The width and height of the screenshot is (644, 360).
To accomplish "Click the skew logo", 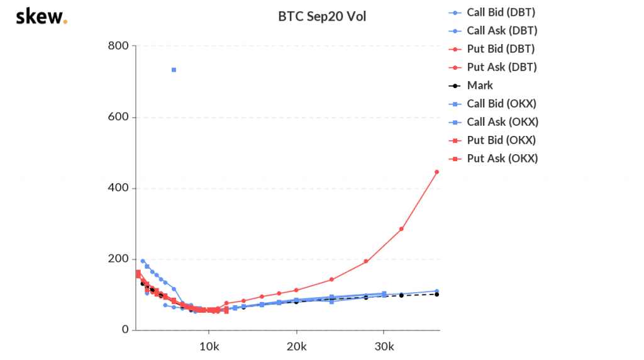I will point(40,16).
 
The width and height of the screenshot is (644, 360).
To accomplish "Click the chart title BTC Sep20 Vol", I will point(322,17).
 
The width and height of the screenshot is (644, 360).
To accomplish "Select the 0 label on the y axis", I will point(125,330).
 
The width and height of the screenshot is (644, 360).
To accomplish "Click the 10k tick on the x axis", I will point(209,347).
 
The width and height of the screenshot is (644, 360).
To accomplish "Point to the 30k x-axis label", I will point(384,347).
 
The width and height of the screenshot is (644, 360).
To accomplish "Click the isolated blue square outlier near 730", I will point(174,70).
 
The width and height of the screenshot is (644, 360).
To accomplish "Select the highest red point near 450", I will point(436,172).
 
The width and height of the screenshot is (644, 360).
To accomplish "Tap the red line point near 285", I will point(401,228).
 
